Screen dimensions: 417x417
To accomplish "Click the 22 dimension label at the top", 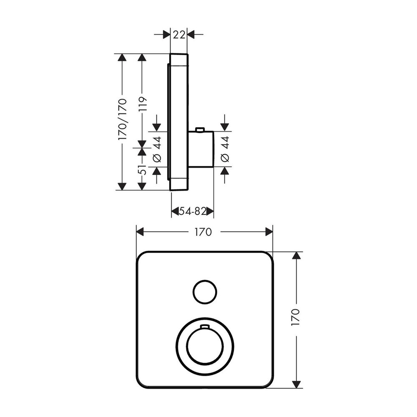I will [179, 35].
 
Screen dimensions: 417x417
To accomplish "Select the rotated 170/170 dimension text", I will [122, 119].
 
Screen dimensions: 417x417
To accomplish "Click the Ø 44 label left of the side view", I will [157, 149].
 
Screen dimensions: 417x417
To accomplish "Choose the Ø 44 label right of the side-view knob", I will [225, 149].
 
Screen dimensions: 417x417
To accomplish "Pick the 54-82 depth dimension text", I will [193, 211].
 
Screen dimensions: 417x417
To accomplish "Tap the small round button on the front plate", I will [204, 291].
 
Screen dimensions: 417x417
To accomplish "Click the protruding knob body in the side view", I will [201, 149].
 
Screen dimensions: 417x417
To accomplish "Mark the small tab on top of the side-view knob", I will [200, 130].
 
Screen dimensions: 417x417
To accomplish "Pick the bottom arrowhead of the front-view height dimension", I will [296, 384].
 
